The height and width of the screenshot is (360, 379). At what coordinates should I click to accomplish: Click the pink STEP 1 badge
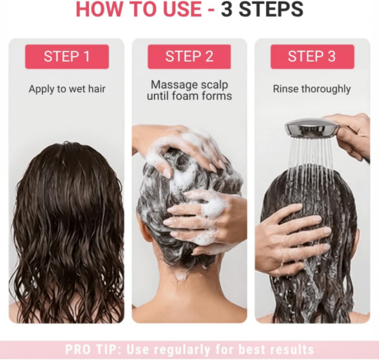(67, 57)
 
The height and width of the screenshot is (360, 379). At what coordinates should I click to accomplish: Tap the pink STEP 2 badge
(189, 57)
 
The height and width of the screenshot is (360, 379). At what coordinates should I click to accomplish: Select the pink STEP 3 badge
(311, 57)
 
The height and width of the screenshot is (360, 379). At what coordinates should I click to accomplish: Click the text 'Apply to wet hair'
(67, 89)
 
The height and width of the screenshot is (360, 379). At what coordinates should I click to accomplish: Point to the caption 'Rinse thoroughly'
(311, 89)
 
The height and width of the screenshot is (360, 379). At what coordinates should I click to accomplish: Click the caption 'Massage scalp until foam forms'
(189, 90)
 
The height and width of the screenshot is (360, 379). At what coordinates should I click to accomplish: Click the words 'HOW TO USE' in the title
(135, 11)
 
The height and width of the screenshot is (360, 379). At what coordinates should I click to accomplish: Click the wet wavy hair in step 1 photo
(67, 231)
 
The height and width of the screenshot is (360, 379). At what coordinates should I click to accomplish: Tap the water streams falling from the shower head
(309, 165)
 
